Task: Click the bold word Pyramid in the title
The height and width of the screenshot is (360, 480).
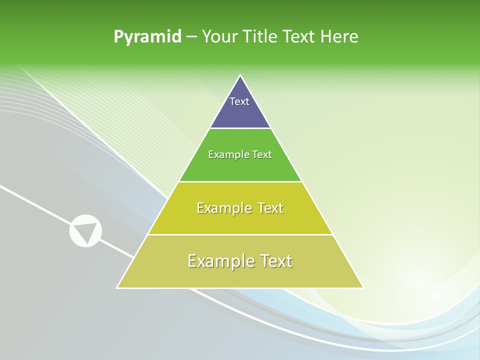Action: (x=147, y=37)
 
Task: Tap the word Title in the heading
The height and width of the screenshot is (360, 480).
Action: (x=259, y=37)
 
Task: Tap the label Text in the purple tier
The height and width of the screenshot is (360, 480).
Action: (x=239, y=101)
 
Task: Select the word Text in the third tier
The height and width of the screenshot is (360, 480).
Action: (x=268, y=208)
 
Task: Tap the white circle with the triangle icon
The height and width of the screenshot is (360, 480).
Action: (x=85, y=230)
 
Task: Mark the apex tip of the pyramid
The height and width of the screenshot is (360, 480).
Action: (x=240, y=76)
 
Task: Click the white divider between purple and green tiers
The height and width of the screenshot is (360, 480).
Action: (x=240, y=128)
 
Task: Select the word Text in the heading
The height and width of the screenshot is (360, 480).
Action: (x=298, y=37)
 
